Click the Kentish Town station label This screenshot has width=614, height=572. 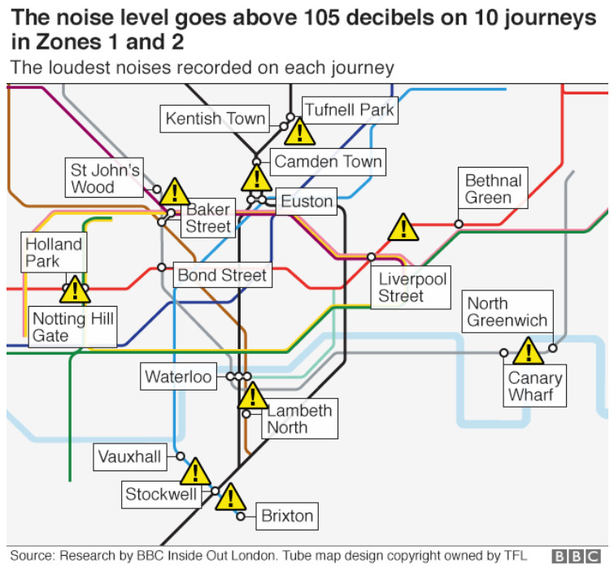click(x=215, y=118)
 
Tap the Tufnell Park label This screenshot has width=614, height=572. click(x=350, y=110)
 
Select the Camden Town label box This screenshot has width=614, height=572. click(x=328, y=161)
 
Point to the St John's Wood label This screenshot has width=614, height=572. click(x=104, y=178)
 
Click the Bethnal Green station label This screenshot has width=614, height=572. click(x=493, y=188)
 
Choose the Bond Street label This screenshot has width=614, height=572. click(x=222, y=275)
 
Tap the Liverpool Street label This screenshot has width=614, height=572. click(x=411, y=287)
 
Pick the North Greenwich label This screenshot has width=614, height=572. click(x=507, y=312)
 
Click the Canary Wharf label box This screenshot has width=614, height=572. click(x=534, y=386)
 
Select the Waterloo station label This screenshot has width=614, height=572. click(x=178, y=376)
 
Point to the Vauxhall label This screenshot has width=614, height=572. click(x=130, y=456)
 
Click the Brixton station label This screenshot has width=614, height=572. click(x=287, y=516)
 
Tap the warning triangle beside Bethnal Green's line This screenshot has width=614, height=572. click(x=403, y=228)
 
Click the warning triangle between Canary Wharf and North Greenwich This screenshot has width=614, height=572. click(x=529, y=351)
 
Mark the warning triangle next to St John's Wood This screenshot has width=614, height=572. click(x=175, y=192)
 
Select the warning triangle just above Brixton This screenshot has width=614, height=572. click(x=231, y=498)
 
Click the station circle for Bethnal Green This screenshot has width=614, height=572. click(x=459, y=224)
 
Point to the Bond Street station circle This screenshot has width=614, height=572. click(x=161, y=267)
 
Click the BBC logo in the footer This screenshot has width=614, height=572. click(x=576, y=557)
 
